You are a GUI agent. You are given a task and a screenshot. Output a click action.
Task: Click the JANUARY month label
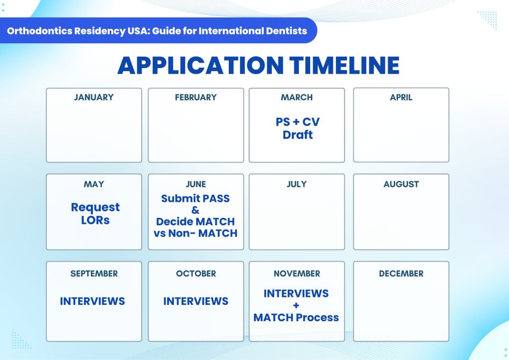click(x=93, y=97)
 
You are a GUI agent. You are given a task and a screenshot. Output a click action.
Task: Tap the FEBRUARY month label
click(x=196, y=97)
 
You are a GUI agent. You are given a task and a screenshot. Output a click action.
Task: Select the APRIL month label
click(x=401, y=97)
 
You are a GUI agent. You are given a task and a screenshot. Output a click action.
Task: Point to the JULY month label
click(x=297, y=184)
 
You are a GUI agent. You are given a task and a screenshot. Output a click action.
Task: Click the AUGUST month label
click(x=401, y=184)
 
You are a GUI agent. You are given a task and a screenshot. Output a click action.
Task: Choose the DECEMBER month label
click(x=401, y=273)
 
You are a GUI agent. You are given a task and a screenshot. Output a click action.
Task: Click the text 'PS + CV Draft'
click(x=297, y=128)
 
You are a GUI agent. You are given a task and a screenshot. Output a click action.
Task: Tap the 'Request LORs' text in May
click(x=95, y=213)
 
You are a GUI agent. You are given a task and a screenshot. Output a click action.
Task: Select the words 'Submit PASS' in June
click(x=195, y=198)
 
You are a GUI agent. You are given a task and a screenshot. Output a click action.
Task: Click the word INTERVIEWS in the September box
click(x=92, y=301)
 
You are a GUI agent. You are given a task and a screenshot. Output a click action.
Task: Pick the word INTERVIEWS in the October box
click(x=196, y=301)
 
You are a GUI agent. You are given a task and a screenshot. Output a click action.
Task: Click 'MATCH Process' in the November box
click(x=296, y=317)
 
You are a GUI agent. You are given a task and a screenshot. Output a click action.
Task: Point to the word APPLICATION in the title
click(x=199, y=66)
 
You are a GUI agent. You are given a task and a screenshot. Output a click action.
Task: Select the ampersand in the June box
click(x=195, y=210)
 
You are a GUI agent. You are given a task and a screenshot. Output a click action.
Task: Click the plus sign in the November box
click(x=296, y=305)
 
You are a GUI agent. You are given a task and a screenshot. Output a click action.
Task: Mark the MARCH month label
click(x=297, y=97)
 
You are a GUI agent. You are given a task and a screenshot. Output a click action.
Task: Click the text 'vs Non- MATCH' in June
click(x=195, y=233)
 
